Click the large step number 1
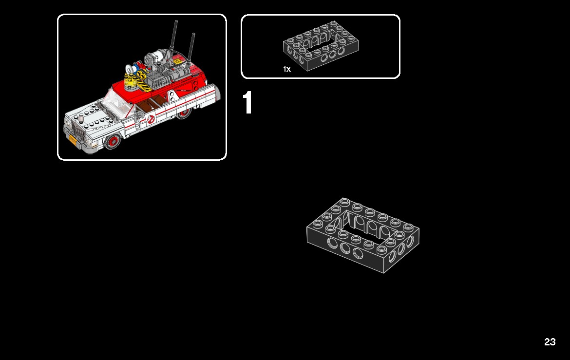(x=247, y=103)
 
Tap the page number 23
(x=550, y=342)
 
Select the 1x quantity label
(x=286, y=69)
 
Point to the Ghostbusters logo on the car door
(x=151, y=118)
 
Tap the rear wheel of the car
(x=184, y=114)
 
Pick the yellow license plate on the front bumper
(x=73, y=140)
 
